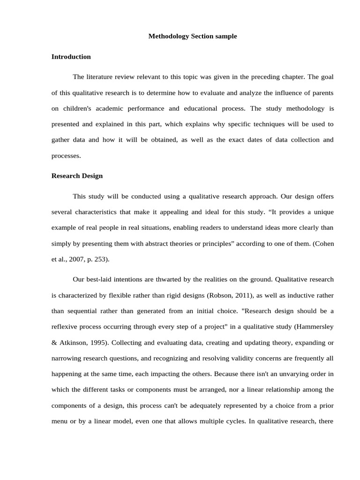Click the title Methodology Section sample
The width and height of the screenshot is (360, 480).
[x=193, y=36]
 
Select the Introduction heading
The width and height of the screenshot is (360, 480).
[x=71, y=57]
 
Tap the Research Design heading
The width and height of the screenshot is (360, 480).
[x=77, y=176]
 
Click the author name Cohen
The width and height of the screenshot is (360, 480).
[x=323, y=243]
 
